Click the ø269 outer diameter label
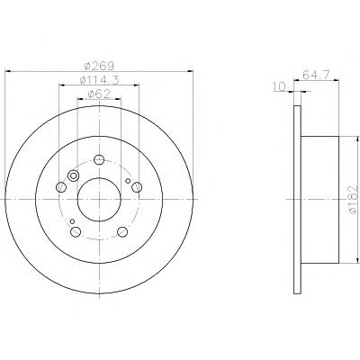point(99,66)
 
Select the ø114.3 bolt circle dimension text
point(99,80)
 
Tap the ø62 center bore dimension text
point(99,94)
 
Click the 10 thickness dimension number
point(279,87)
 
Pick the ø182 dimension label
point(354,199)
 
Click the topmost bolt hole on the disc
point(99,159)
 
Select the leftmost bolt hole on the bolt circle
point(61,187)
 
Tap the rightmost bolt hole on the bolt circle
point(137,187)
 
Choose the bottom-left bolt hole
point(76,231)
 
